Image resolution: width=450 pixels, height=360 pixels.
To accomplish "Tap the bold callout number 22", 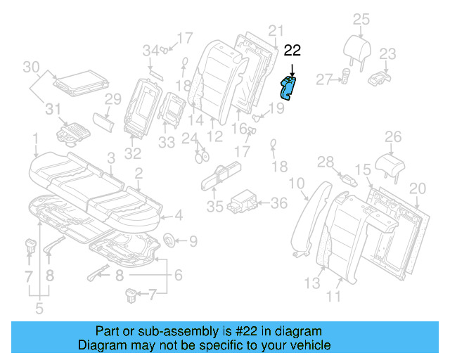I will coord(292,51).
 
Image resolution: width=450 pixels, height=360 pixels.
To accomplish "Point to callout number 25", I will coord(361,19).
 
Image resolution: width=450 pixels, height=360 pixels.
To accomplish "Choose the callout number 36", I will coord(279,203).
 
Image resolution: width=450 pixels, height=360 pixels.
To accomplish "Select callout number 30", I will coord(30,67).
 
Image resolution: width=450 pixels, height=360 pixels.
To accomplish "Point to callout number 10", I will coord(297,185).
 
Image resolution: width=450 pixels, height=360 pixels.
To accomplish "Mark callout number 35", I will coord(214,207).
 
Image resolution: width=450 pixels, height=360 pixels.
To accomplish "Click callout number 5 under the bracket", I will coord(39,308).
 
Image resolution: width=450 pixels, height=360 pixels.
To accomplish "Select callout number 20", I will coord(418,188).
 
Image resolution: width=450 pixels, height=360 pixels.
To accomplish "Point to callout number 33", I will coord(166,143).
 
